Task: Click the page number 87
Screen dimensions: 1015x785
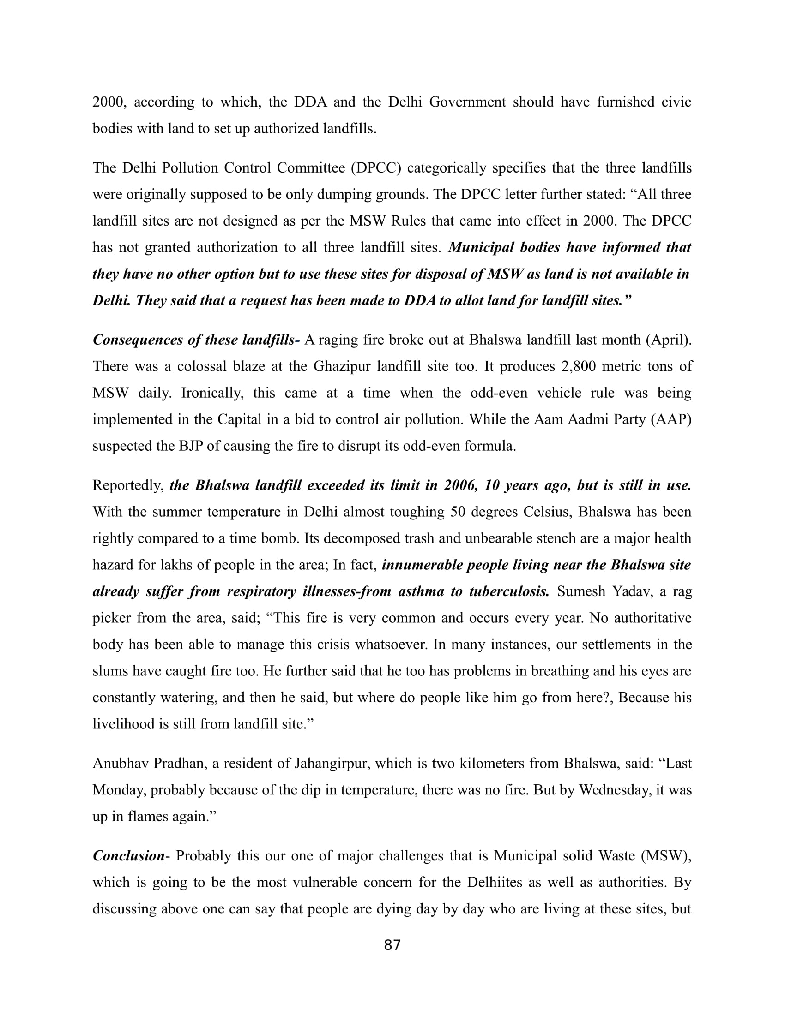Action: coord(392,945)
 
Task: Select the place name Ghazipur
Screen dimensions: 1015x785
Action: coord(342,366)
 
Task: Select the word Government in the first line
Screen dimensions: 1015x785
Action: coord(467,102)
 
